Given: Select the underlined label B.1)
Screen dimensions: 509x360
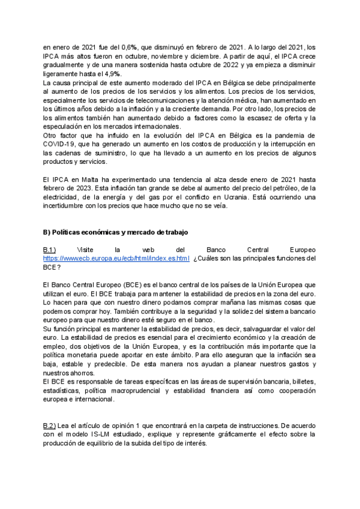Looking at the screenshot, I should click(x=50, y=249).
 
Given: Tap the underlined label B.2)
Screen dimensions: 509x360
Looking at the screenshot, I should click(x=50, y=426).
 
